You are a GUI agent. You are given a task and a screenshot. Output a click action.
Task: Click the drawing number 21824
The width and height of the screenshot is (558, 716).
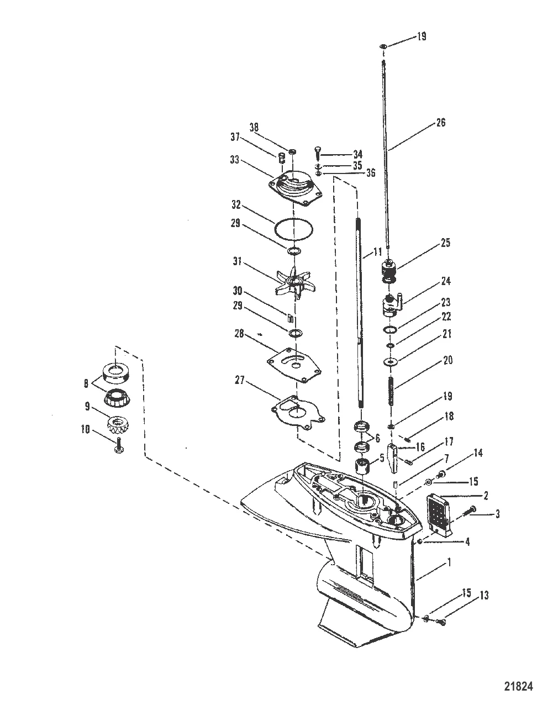tap(518, 687)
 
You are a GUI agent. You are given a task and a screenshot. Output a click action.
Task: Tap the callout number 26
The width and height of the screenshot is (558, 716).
tap(440, 123)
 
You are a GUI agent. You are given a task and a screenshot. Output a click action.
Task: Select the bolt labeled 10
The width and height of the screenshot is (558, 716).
tap(119, 446)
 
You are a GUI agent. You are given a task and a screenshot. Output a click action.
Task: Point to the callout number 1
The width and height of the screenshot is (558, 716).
tap(449, 562)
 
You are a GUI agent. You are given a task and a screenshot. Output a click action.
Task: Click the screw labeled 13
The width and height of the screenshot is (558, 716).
tap(440, 623)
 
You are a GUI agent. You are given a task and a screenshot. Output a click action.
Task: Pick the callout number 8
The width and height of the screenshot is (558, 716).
tap(86, 382)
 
